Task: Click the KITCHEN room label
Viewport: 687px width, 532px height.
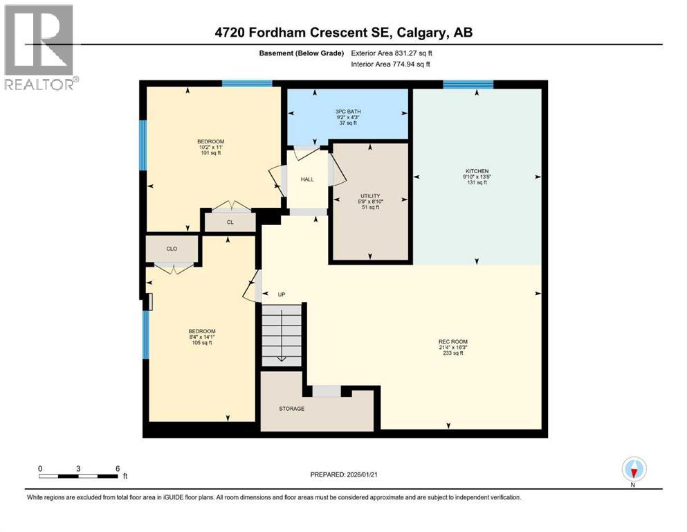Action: click(x=477, y=170)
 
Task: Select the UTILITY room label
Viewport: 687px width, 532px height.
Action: click(x=369, y=196)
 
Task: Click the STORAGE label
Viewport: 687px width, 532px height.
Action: click(x=291, y=409)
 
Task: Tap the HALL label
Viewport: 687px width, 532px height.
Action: click(x=307, y=179)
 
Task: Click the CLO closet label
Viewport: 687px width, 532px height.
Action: click(x=172, y=248)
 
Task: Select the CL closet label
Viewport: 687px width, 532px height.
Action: click(x=230, y=223)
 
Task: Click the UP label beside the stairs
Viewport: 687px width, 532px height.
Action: click(x=282, y=294)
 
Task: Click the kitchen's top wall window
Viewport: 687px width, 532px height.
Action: click(x=468, y=85)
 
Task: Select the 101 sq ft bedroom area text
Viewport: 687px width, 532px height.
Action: click(x=211, y=153)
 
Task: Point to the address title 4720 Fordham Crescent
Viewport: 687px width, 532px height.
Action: click(x=343, y=33)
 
